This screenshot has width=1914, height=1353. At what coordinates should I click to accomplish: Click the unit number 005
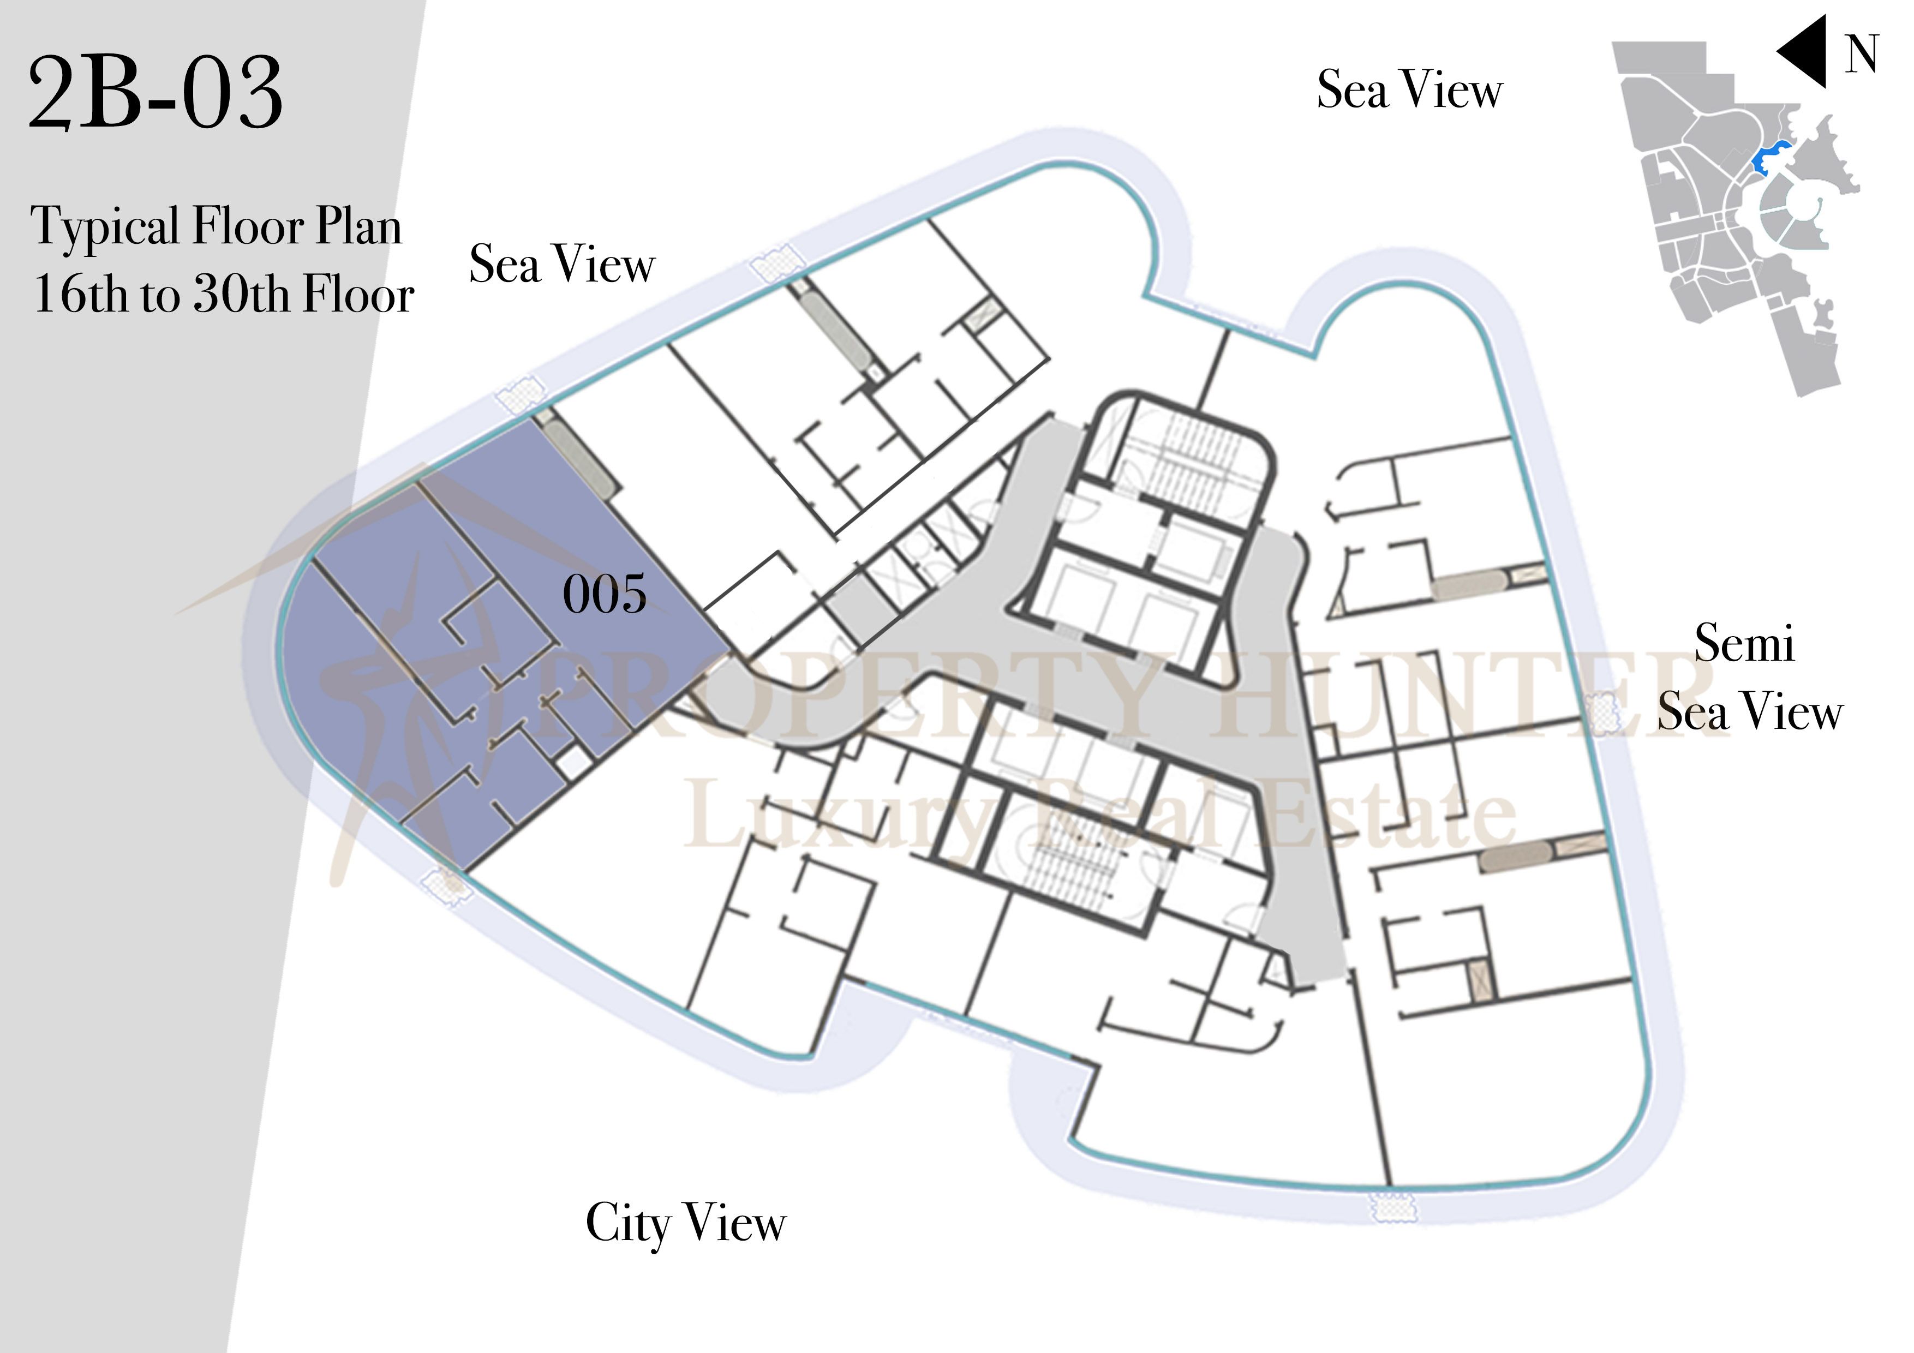coord(605,594)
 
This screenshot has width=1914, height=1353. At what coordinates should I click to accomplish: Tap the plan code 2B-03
coord(156,93)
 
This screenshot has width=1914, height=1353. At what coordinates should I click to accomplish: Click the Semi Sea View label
coord(1749,677)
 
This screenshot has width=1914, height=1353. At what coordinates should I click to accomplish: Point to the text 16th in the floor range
coord(80,294)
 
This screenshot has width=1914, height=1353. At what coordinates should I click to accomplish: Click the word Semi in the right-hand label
coord(1744,644)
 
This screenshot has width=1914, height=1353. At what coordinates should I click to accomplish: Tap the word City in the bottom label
coord(627,1225)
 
